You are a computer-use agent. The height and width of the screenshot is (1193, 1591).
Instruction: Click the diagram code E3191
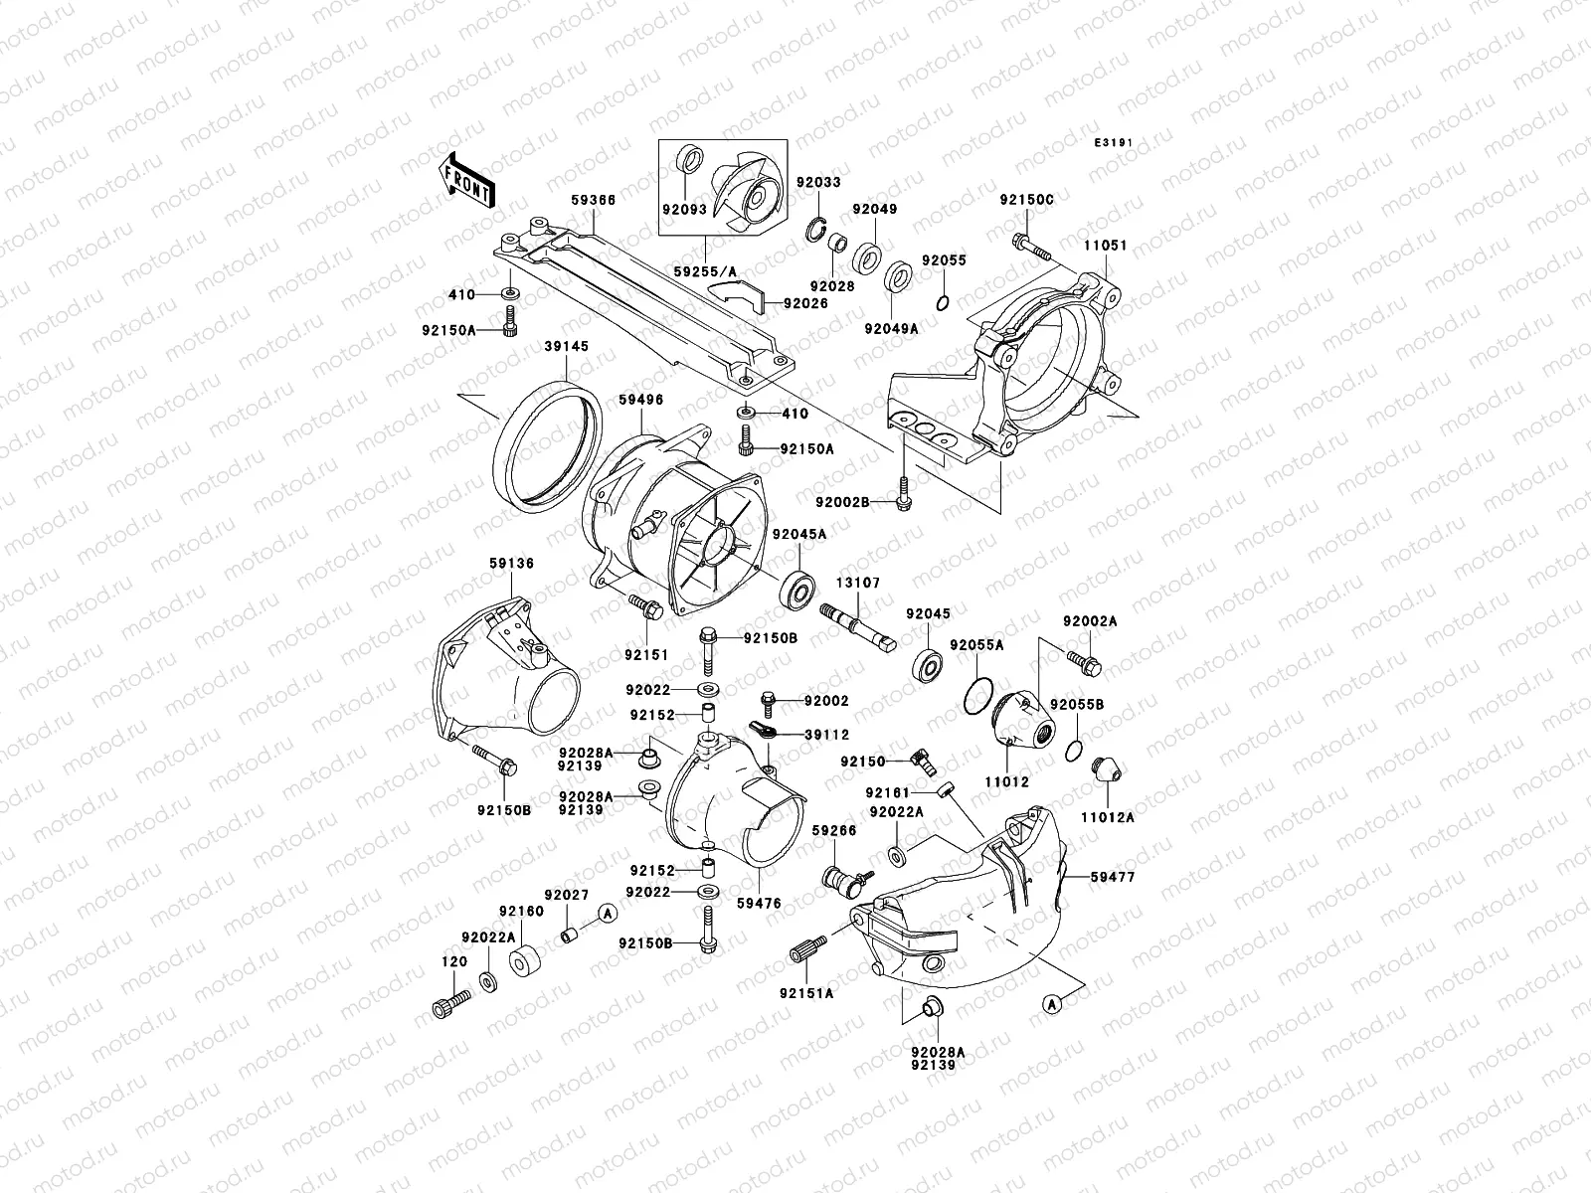1115,143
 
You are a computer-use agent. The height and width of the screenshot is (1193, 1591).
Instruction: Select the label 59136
511,564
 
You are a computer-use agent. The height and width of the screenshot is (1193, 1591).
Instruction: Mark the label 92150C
1026,200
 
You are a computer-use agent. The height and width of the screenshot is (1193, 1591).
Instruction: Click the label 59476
758,904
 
